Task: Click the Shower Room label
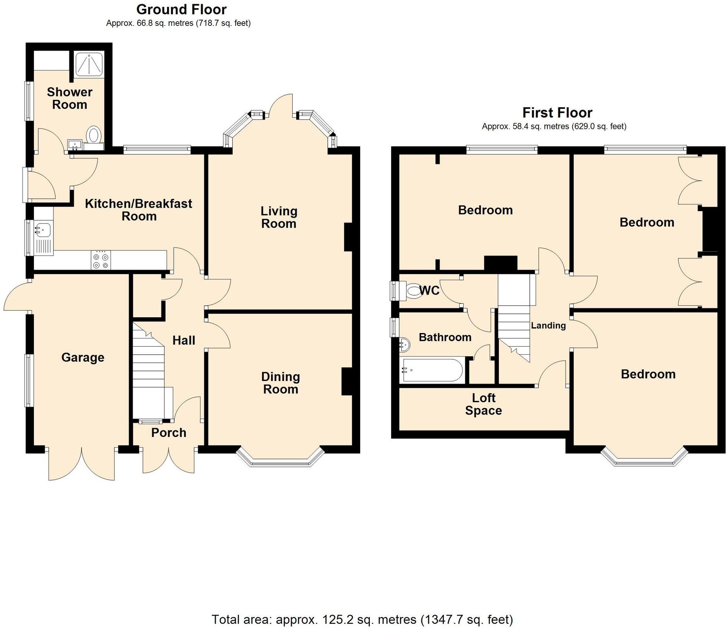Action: point(69,98)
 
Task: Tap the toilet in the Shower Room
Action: point(93,135)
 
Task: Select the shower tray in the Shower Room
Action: point(89,64)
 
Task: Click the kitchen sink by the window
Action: point(43,230)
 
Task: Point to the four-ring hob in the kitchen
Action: point(100,260)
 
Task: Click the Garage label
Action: point(83,357)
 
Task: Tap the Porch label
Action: point(169,433)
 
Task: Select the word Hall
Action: point(184,340)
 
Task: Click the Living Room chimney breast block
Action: point(348,237)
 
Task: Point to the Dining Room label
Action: point(280,383)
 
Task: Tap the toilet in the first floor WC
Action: point(413,290)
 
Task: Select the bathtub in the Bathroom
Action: point(432,371)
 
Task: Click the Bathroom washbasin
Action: point(404,344)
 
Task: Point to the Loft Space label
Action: point(483,404)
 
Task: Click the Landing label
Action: point(548,325)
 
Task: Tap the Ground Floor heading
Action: point(181,9)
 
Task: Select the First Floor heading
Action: point(557,113)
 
